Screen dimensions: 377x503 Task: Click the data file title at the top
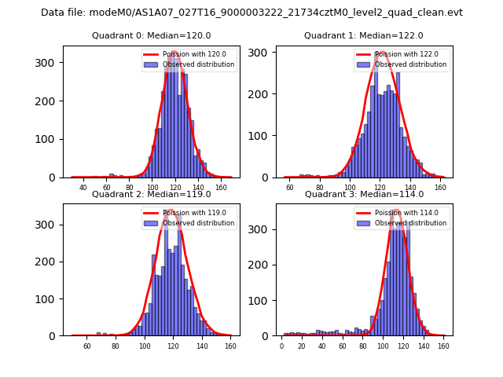251,13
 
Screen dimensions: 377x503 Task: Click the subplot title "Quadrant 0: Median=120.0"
151,35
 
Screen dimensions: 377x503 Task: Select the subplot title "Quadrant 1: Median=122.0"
364,35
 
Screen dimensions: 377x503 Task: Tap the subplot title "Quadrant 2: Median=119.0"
151,194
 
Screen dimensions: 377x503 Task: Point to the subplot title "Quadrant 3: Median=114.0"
364,194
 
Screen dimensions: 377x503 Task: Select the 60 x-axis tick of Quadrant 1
290,188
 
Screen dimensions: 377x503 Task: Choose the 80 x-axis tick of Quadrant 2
115,346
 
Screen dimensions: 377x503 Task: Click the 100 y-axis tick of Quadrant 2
50,299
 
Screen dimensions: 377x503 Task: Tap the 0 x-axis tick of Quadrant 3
281,346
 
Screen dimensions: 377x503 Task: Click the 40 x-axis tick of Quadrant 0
83,188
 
